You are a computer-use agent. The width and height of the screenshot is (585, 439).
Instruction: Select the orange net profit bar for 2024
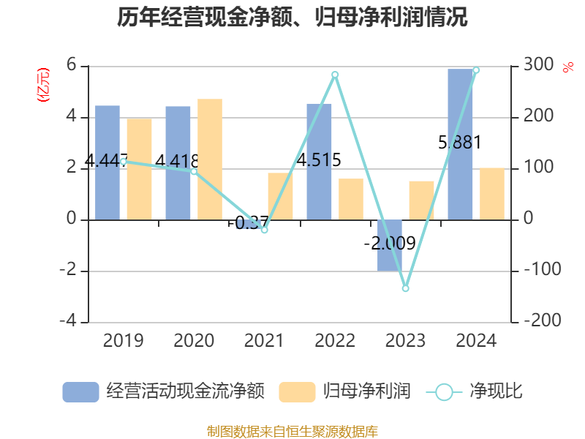pos(492,193)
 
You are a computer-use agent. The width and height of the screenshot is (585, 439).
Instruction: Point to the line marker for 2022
pos(335,75)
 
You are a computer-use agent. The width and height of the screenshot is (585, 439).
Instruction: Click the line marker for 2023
pos(406,288)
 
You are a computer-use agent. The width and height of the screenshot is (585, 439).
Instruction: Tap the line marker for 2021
pos(265,230)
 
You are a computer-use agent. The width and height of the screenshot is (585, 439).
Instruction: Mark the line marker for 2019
pos(123,162)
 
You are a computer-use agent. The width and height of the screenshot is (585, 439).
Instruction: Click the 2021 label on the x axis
pos(264,341)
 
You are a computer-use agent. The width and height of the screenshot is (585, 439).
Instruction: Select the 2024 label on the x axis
pos(476,341)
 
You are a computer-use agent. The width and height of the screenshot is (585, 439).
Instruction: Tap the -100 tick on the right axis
pos(537,270)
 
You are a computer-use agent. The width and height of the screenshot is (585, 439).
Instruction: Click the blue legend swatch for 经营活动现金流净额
pos(80,391)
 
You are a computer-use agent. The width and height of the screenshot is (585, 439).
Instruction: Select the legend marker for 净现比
pos(444,392)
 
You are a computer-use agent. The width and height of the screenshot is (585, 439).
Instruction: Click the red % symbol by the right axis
pos(567,68)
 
